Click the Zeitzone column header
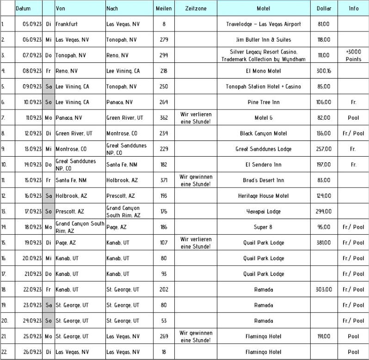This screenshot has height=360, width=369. click(x=196, y=8)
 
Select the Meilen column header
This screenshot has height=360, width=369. click(x=164, y=8)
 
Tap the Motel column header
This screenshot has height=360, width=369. click(x=264, y=8)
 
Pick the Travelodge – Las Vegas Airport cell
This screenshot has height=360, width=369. click(x=264, y=24)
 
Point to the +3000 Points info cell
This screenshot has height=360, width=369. click(x=353, y=55)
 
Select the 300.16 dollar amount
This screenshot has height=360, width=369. click(x=324, y=71)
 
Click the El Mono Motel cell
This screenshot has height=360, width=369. click(x=264, y=71)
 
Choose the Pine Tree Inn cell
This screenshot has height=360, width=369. click(x=264, y=102)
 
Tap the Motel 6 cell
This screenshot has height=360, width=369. click(x=264, y=118)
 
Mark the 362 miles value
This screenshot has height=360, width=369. click(x=164, y=118)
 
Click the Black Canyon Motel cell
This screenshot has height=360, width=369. click(x=264, y=134)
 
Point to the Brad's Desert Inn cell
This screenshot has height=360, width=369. click(x=264, y=180)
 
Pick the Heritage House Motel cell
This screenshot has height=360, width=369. click(x=264, y=196)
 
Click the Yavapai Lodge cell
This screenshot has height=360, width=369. click(x=264, y=211)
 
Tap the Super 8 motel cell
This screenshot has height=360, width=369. click(x=264, y=227)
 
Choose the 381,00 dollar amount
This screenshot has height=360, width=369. click(x=324, y=243)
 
